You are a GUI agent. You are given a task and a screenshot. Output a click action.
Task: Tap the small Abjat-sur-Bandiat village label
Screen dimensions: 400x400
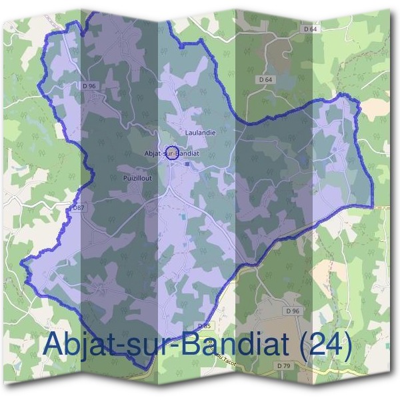coord(172,153)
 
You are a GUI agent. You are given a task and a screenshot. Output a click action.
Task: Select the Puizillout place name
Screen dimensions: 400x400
coord(138,178)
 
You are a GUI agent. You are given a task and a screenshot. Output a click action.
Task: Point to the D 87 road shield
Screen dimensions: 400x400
coord(77,209)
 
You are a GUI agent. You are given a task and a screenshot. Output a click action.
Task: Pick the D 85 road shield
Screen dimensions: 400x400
coord(204,326)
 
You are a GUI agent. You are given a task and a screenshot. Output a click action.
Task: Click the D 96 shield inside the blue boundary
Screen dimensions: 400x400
coord(89,85)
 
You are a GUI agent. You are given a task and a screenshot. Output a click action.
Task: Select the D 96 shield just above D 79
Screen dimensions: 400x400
coord(291,311)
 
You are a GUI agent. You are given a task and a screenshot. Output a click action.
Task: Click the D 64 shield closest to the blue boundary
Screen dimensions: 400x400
coord(265,79)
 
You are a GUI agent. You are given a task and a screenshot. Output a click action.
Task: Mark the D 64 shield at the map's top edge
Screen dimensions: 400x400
coord(309,29)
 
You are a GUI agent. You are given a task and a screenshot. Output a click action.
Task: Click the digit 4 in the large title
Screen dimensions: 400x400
coord(333,345)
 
